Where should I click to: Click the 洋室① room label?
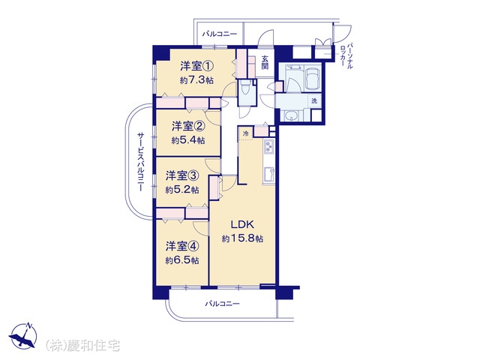(x=196, y=66)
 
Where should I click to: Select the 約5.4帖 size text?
(x=188, y=140)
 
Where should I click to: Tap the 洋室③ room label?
(x=182, y=176)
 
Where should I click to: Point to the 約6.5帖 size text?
(x=182, y=260)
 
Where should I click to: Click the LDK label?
(x=242, y=225)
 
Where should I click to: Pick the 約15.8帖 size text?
(x=242, y=238)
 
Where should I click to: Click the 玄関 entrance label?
(x=265, y=62)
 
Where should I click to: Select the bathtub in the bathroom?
(x=312, y=78)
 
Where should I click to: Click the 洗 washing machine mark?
(x=314, y=100)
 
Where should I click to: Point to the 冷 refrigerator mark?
(x=245, y=133)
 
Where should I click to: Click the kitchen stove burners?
(x=269, y=147)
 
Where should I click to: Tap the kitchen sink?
(x=269, y=174)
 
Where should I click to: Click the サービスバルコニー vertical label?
(x=140, y=162)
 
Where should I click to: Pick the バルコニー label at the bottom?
(x=222, y=304)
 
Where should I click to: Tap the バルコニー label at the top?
(x=220, y=34)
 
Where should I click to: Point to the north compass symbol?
(x=23, y=335)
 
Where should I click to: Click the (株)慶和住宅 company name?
(x=83, y=346)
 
